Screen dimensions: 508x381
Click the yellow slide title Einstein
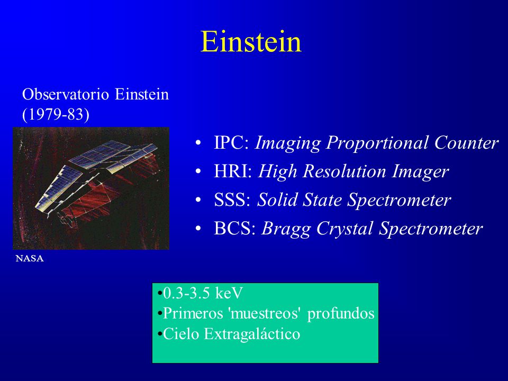pos(251,41)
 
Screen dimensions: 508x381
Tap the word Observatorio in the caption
pos(66,95)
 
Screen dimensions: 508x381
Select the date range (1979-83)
pos(56,114)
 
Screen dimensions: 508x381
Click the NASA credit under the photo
pos(30,259)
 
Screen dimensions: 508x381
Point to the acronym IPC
pos(231,142)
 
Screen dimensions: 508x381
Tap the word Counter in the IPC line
pos(466,142)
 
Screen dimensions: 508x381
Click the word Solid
pos(277,199)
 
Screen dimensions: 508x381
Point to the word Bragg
pos(286,229)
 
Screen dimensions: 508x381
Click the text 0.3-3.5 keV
pos(203,293)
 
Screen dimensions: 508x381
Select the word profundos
pos(340,314)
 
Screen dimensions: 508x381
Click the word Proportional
pos(377,143)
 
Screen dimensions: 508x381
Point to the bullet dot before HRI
pos(198,171)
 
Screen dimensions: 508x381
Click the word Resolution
pos(344,171)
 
